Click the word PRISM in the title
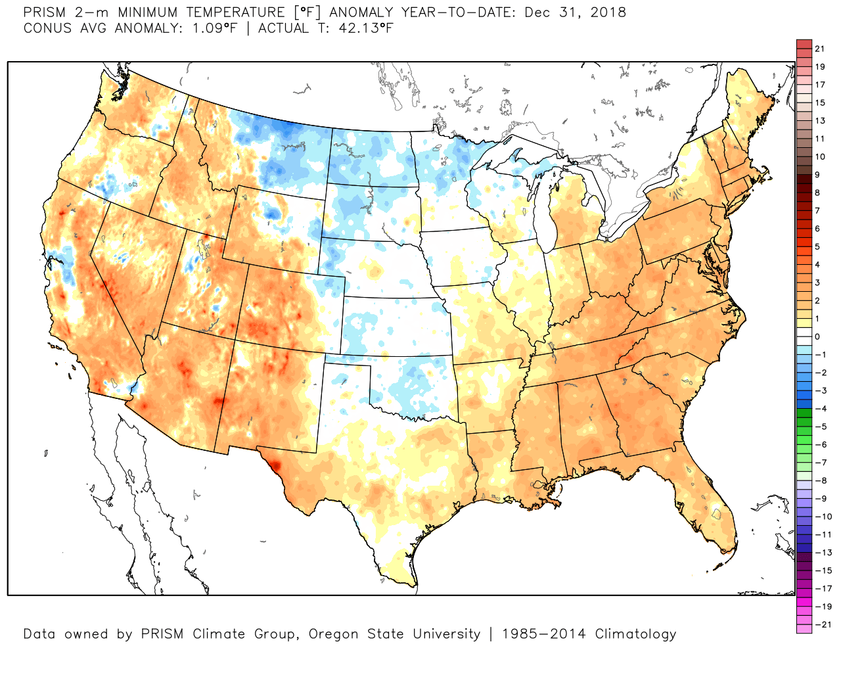tap(45, 12)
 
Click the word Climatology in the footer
tap(635, 634)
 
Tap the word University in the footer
tap(443, 634)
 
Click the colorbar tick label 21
tap(819, 49)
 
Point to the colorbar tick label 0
tap(817, 336)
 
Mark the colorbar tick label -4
tap(821, 409)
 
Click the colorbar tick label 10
tap(819, 156)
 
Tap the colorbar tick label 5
tap(817, 246)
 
